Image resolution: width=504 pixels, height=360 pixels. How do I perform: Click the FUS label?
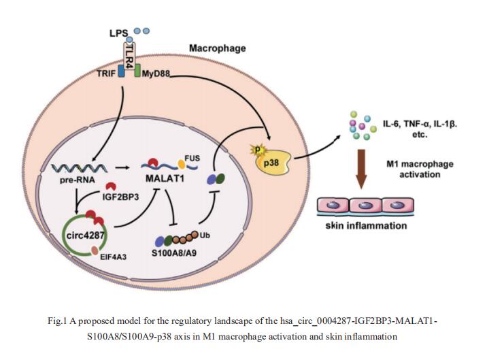[x=192, y=157]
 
